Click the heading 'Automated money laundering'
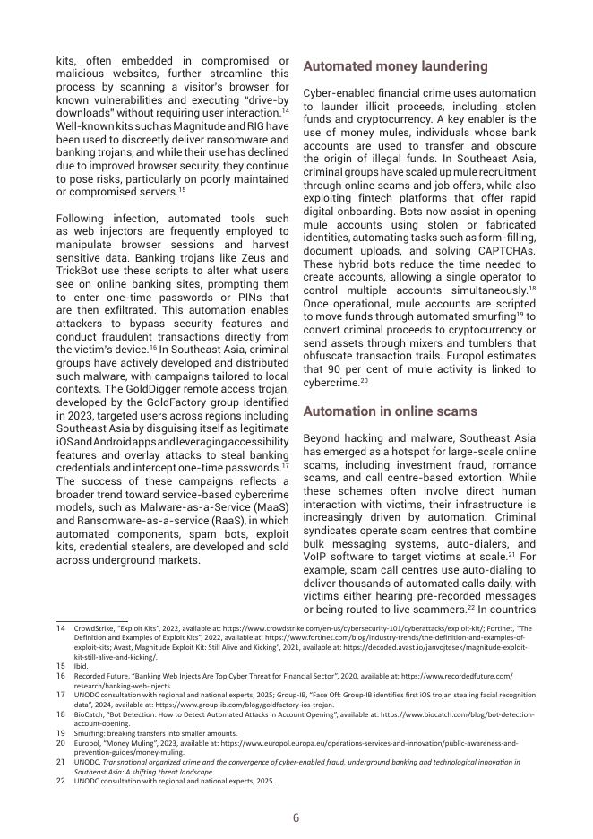click(395, 66)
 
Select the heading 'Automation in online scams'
click(390, 411)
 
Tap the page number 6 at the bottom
click(296, 817)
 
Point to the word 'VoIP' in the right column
click(317, 558)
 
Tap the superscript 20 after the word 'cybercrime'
click(365, 379)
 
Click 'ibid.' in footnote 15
click(81, 666)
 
